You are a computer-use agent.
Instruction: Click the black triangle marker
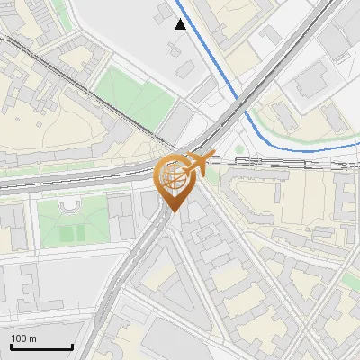pyautogui.click(x=182, y=24)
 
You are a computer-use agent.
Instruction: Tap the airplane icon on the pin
pyautogui.click(x=198, y=164)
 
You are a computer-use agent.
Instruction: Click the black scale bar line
pyautogui.click(x=41, y=347)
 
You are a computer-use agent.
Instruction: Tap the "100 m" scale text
pyautogui.click(x=23, y=338)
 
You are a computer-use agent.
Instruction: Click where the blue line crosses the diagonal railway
pyautogui.click(x=241, y=101)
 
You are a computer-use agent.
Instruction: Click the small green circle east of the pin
pyautogui.click(x=238, y=149)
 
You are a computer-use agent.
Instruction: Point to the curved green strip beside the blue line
pyautogui.click(x=297, y=136)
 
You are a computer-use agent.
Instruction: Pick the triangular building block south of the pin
pyautogui.click(x=171, y=279)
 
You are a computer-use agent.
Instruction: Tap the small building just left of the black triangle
pyautogui.click(x=163, y=13)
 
